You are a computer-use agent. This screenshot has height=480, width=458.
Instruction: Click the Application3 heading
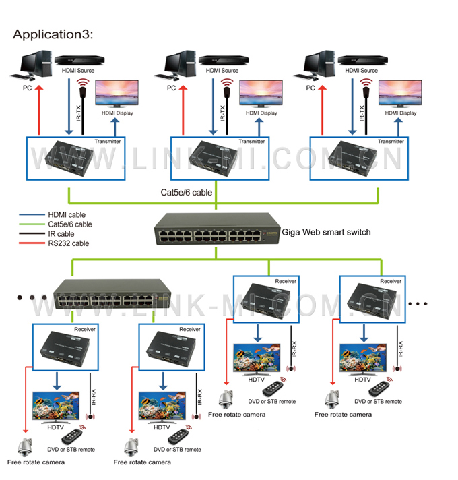click(x=53, y=34)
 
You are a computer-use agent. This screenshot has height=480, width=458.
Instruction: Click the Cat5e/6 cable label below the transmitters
click(x=186, y=192)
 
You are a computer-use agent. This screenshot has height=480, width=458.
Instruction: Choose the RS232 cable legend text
click(x=69, y=243)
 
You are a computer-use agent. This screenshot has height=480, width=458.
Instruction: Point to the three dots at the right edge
click(x=418, y=303)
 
